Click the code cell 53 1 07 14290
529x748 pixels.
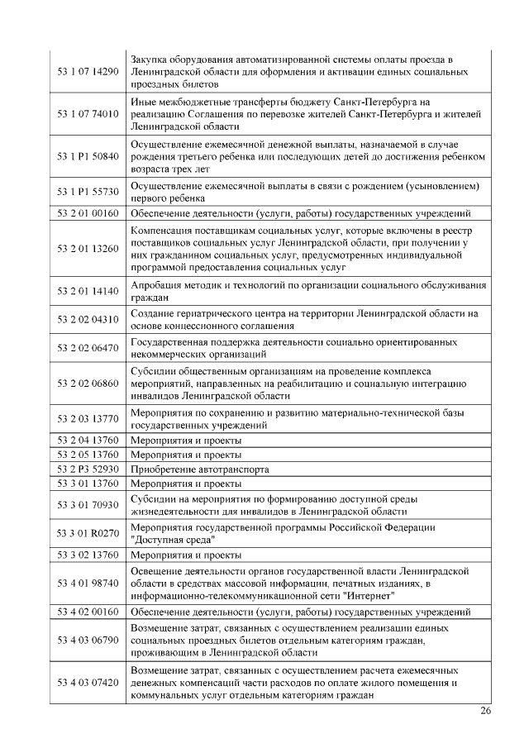(x=88, y=72)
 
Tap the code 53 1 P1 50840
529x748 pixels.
(x=88, y=155)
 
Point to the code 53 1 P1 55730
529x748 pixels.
(x=88, y=192)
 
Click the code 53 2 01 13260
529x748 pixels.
(x=88, y=248)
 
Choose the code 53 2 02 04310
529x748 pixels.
(x=88, y=319)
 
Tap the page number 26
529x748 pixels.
(x=485, y=711)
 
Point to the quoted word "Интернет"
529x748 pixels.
(x=372, y=595)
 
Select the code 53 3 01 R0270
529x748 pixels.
(x=88, y=532)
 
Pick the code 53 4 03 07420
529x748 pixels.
(x=88, y=683)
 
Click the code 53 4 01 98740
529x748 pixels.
(x=88, y=584)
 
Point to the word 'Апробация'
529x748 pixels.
(x=158, y=285)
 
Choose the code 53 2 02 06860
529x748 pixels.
(x=88, y=384)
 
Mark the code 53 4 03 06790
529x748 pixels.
(x=88, y=640)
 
